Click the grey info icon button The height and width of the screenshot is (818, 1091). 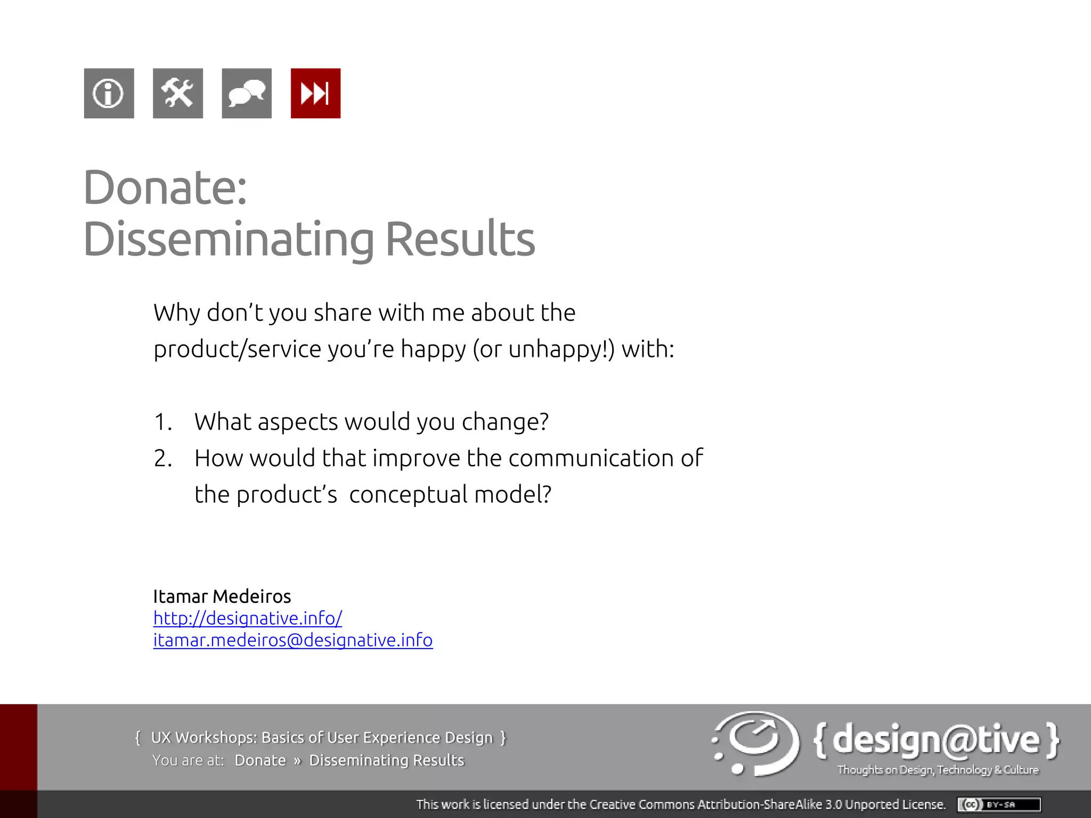click(x=109, y=93)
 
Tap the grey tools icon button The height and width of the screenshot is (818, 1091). click(x=177, y=93)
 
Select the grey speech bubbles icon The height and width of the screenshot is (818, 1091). click(x=247, y=93)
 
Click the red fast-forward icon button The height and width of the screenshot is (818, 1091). click(x=315, y=93)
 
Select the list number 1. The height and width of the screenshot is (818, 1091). click(x=162, y=422)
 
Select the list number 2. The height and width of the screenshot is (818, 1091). click(x=162, y=458)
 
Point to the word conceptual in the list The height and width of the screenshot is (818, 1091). click(x=408, y=495)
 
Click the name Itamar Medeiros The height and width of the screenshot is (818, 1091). click(x=222, y=596)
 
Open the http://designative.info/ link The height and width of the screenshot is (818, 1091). click(x=248, y=618)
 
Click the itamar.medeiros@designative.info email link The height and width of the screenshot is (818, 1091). click(x=293, y=640)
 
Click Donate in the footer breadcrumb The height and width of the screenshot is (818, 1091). click(x=260, y=760)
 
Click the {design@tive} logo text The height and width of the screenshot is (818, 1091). click(x=936, y=740)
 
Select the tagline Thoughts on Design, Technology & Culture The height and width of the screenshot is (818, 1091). click(x=938, y=770)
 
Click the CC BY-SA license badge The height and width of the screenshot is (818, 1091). click(x=999, y=804)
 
